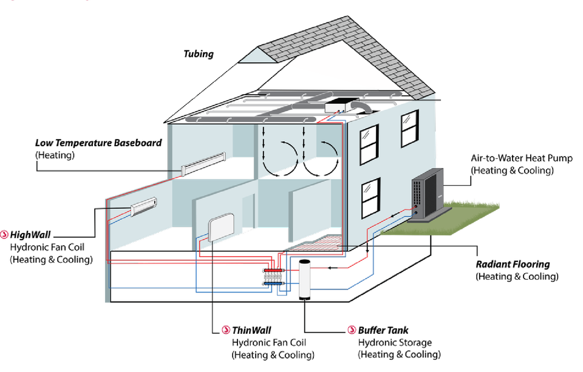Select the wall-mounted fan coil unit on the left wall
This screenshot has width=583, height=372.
tap(143, 206)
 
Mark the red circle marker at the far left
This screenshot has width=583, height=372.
tap(5, 234)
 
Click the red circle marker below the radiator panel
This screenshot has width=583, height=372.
tap(226, 330)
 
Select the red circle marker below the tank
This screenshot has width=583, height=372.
tap(351, 330)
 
